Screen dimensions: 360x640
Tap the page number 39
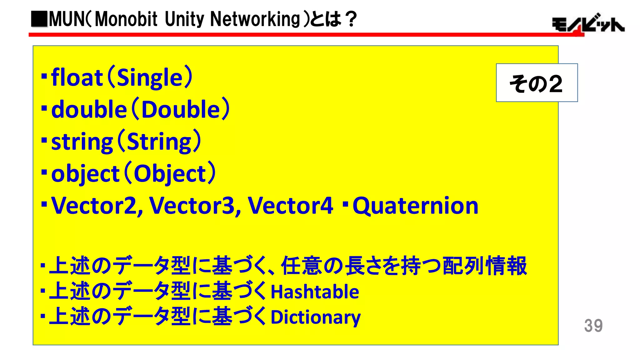[593, 326]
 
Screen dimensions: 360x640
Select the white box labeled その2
[537, 83]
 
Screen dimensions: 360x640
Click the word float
[77, 77]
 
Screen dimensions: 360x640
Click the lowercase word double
[89, 110]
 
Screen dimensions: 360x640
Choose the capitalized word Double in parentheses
[181, 110]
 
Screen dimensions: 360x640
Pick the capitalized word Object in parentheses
[170, 174]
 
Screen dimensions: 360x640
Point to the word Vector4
[290, 206]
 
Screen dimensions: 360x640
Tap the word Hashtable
[315, 292]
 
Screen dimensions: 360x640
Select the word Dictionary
[316, 317]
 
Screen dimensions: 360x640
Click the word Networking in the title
[255, 19]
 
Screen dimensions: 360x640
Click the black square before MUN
[39, 19]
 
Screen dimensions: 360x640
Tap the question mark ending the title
[352, 19]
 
